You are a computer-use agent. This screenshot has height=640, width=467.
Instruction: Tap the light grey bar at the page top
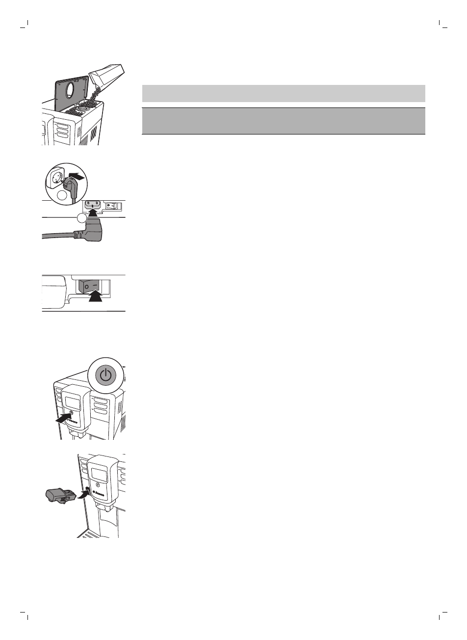(x=283, y=93)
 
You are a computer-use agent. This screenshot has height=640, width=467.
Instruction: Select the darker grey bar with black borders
(x=283, y=121)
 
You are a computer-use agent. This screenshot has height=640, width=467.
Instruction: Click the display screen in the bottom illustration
(x=100, y=474)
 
